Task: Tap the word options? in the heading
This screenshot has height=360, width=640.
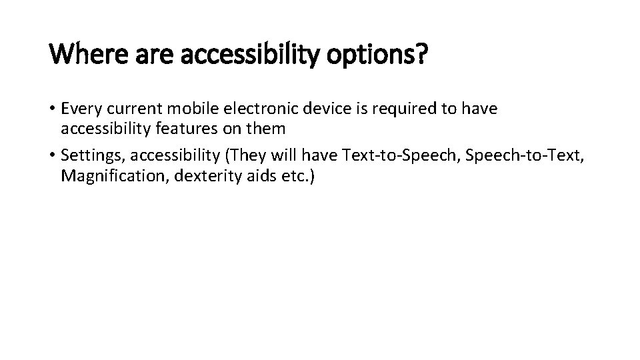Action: pyautogui.click(x=377, y=53)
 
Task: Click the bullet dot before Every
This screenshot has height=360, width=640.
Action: pyautogui.click(x=53, y=109)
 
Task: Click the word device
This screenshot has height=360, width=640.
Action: pyautogui.click(x=316, y=109)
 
